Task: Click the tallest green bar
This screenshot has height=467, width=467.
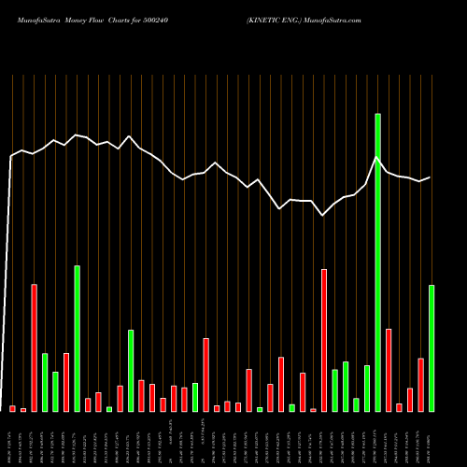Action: click(377, 262)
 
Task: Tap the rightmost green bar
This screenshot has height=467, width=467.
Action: click(432, 347)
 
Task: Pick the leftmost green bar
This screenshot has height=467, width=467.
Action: click(45, 382)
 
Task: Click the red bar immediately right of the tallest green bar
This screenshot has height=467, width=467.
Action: click(389, 370)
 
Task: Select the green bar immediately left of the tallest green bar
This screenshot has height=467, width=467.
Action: click(367, 388)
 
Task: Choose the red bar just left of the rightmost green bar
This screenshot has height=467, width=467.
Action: click(420, 384)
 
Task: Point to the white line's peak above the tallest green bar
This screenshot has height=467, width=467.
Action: click(377, 158)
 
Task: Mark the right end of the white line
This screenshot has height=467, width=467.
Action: click(430, 177)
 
